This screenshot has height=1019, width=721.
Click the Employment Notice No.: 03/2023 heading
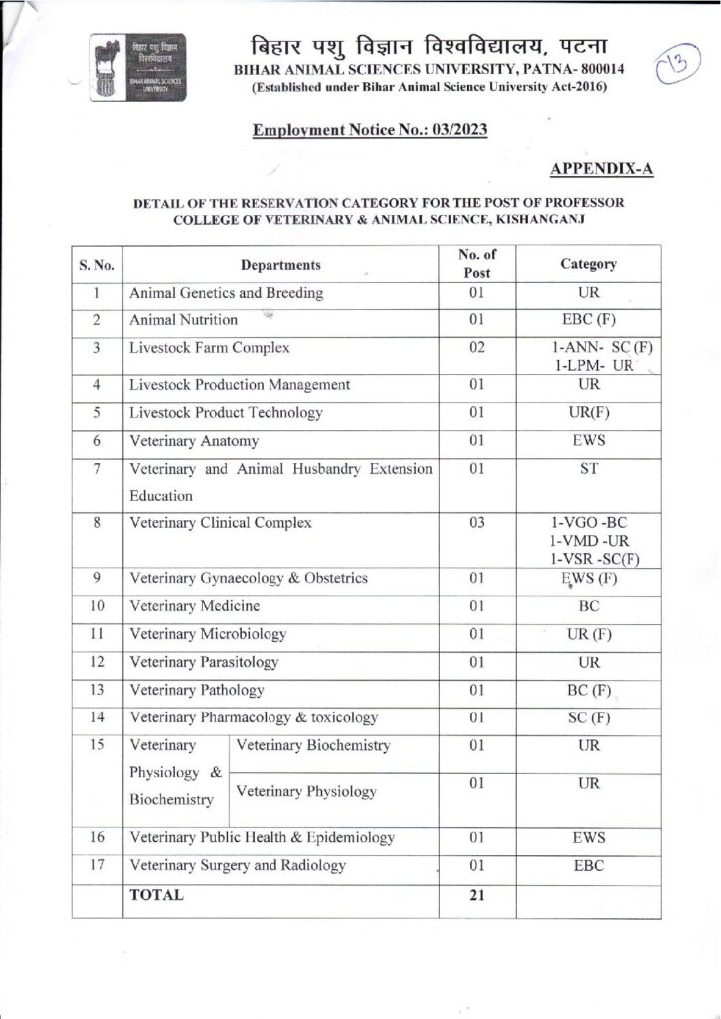pyautogui.click(x=370, y=129)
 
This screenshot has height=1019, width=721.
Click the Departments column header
pyautogui.click(x=280, y=265)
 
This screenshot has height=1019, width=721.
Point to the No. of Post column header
pyautogui.click(x=477, y=264)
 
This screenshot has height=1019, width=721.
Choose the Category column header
pyautogui.click(x=588, y=265)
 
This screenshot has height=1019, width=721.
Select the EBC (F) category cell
pyautogui.click(x=588, y=320)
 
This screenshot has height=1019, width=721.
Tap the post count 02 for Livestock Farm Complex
pyautogui.click(x=477, y=348)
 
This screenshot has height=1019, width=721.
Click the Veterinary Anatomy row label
pyautogui.click(x=194, y=440)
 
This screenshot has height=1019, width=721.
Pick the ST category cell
pyautogui.click(x=588, y=468)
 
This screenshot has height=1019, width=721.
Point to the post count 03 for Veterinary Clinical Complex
pyautogui.click(x=477, y=523)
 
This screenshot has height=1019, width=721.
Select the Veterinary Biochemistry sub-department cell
pyautogui.click(x=313, y=746)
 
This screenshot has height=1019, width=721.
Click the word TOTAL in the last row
pyautogui.click(x=157, y=895)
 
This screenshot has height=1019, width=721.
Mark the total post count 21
pyautogui.click(x=477, y=895)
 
